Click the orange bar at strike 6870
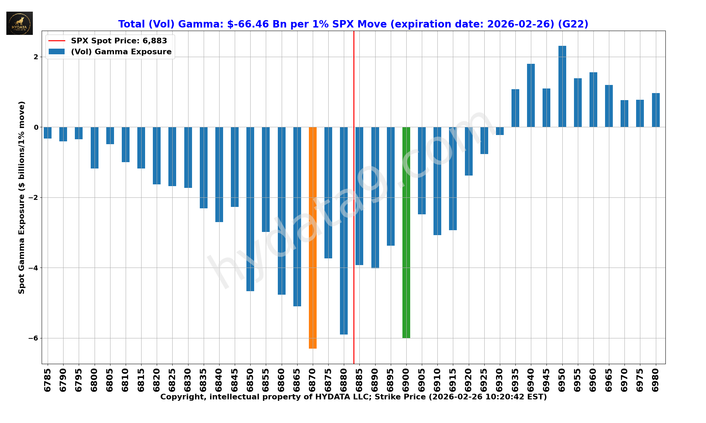coord(313,238)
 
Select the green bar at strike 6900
coord(406,233)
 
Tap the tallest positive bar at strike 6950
coord(562,86)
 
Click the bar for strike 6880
coord(344,231)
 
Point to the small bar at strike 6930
coord(500,131)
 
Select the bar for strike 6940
coord(531,95)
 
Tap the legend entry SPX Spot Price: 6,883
coord(119,41)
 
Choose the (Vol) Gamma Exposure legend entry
coord(121,52)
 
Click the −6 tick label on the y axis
coord(33,338)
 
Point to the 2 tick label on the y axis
coord(36,57)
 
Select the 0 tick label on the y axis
coord(36,127)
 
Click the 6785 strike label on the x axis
coord(48,380)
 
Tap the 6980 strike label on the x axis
coord(656,380)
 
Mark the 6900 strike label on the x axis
coord(406,380)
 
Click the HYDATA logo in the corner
coord(19,23)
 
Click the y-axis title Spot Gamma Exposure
coord(22,197)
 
